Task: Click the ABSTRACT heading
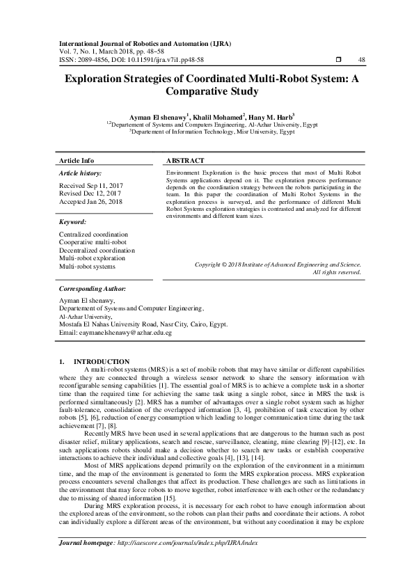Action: (185, 160)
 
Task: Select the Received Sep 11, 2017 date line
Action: (91, 186)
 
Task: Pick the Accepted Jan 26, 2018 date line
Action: (91, 201)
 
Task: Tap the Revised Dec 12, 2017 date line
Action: (90, 193)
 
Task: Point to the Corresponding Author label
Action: (93, 287)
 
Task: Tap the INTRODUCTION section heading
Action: (101, 361)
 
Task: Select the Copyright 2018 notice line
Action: (278, 264)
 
